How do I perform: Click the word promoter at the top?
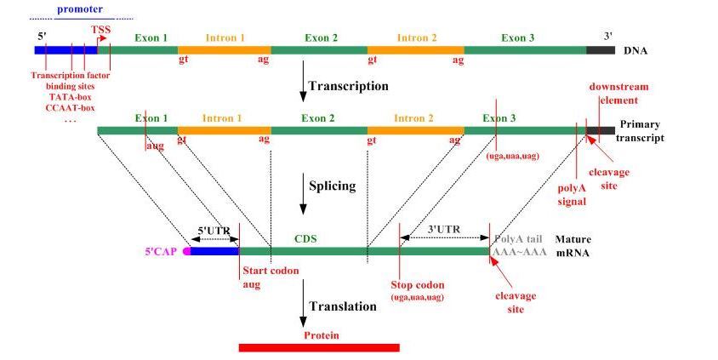point(79,9)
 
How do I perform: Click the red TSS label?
point(100,29)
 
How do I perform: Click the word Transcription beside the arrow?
point(348,86)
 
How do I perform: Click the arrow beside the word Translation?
point(303,307)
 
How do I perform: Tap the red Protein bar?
point(319,346)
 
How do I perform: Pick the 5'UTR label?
point(213,230)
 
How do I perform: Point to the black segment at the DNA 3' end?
point(600,50)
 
